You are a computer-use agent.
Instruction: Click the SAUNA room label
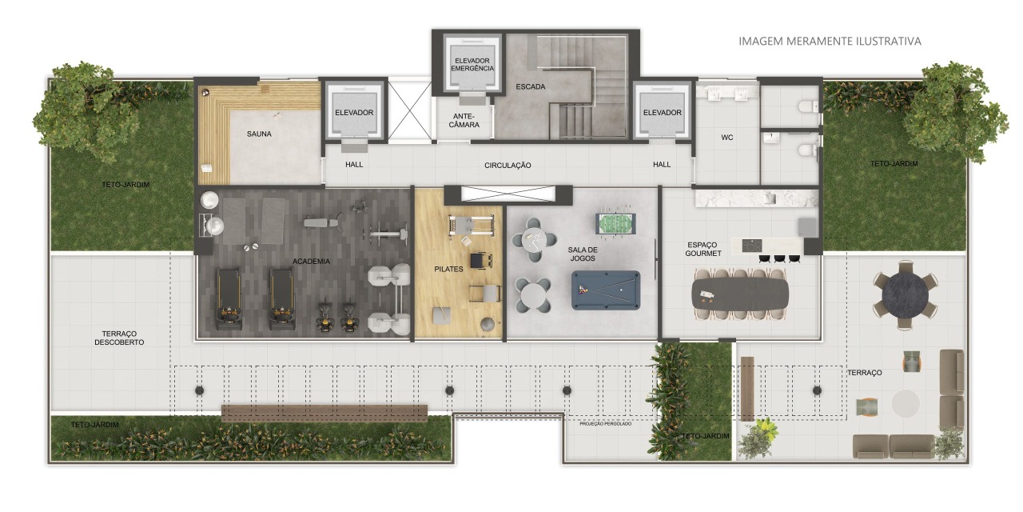coord(259,134)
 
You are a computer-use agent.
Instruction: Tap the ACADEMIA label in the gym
coord(311,262)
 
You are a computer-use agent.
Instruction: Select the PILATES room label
coord(448,270)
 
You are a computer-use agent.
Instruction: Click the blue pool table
coord(606,290)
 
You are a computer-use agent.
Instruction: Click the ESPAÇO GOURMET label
coord(703,249)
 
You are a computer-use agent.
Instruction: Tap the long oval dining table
coord(740,293)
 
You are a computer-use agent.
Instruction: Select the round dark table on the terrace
coord(906,294)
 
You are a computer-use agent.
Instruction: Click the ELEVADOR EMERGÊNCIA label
coord(472,65)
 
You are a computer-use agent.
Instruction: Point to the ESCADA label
coord(531,86)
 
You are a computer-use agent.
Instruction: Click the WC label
coord(727,137)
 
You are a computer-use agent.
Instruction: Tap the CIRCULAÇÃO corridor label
coord(508,165)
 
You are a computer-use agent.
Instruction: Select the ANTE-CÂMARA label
coord(464,120)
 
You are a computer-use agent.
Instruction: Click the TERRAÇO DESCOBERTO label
coord(119,338)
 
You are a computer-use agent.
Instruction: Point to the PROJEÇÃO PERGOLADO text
coord(606,424)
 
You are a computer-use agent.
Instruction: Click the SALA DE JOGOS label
coord(583,254)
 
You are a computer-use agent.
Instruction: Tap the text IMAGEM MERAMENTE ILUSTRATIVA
coord(830,41)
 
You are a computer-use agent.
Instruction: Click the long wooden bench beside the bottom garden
coord(324,413)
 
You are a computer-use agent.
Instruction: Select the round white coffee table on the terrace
coord(906,403)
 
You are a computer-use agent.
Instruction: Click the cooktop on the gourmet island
coord(752,246)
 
